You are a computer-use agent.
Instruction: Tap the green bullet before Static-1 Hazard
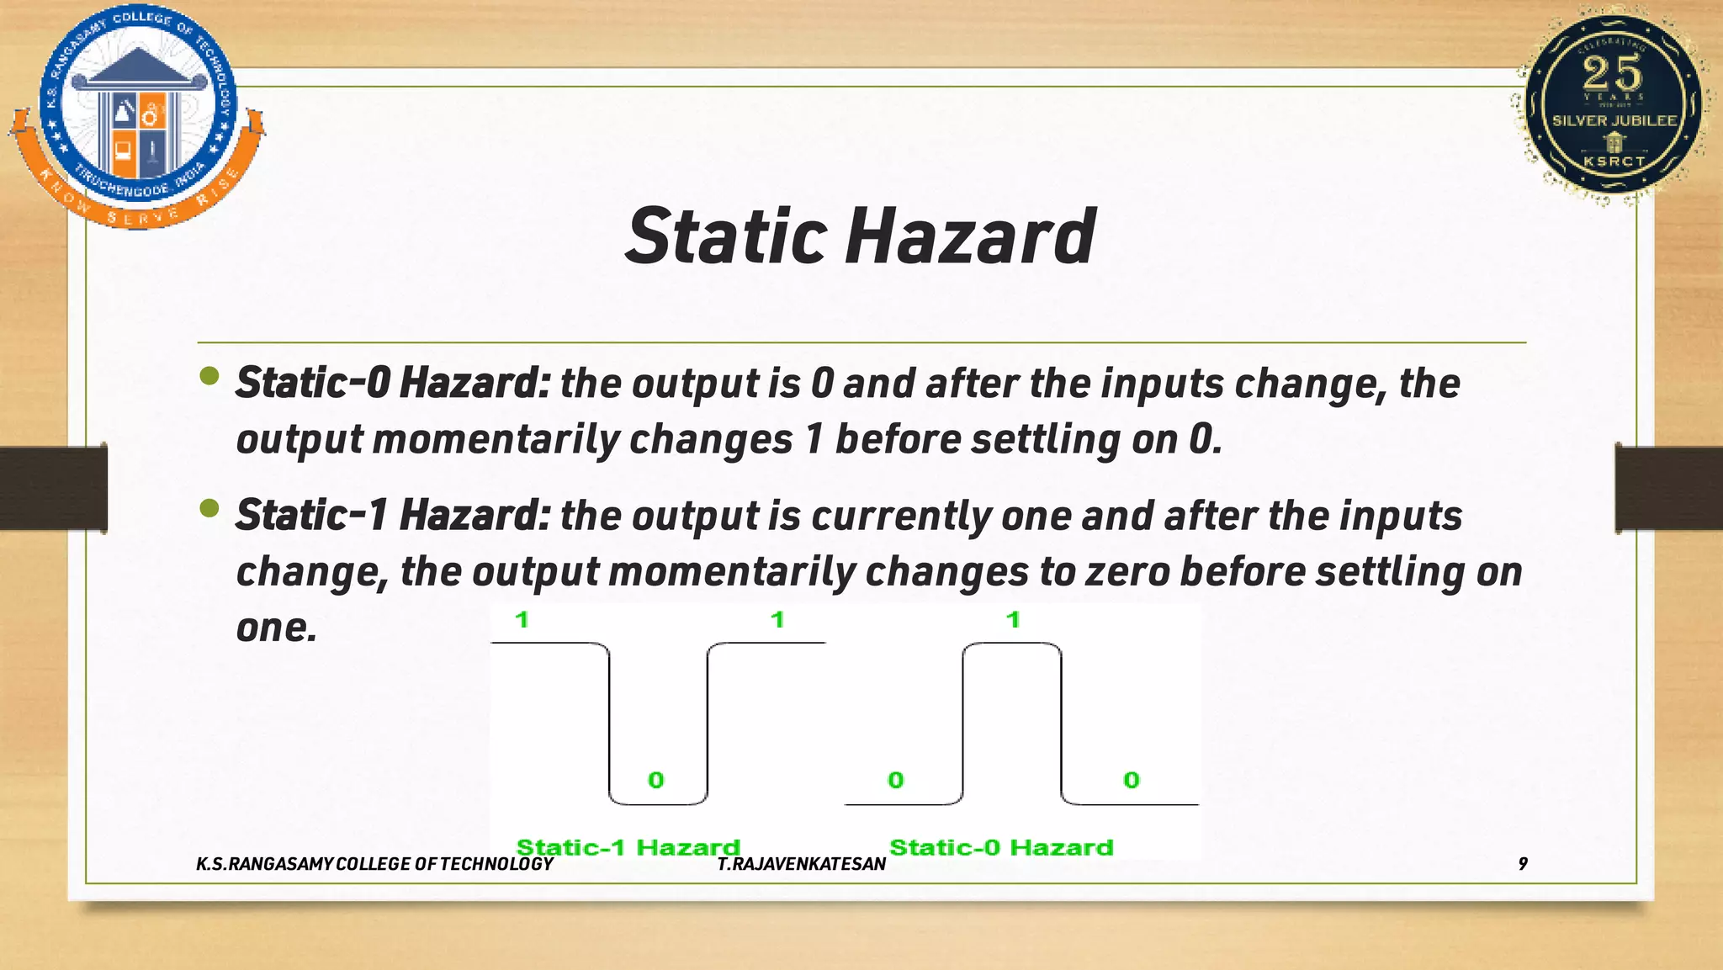pos(209,508)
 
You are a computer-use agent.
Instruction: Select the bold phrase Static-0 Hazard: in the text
pos(393,383)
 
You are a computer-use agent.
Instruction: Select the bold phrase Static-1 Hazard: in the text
pos(393,515)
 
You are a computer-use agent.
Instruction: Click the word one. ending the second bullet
pos(276,627)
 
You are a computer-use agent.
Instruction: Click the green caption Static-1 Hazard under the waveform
pos(628,846)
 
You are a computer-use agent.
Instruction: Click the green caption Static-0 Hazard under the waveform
pos(1001,846)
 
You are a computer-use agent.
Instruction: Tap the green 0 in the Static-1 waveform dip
pos(656,780)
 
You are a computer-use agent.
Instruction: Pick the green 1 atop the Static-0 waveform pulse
pos(1013,620)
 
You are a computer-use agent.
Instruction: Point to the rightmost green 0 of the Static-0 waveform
pos(1132,780)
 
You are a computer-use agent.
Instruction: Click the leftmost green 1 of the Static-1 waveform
pos(522,620)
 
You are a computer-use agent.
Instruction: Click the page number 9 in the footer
pos(1523,863)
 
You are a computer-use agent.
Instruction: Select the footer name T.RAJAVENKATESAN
pos(801,864)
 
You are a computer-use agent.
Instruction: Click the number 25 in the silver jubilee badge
pos(1612,73)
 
